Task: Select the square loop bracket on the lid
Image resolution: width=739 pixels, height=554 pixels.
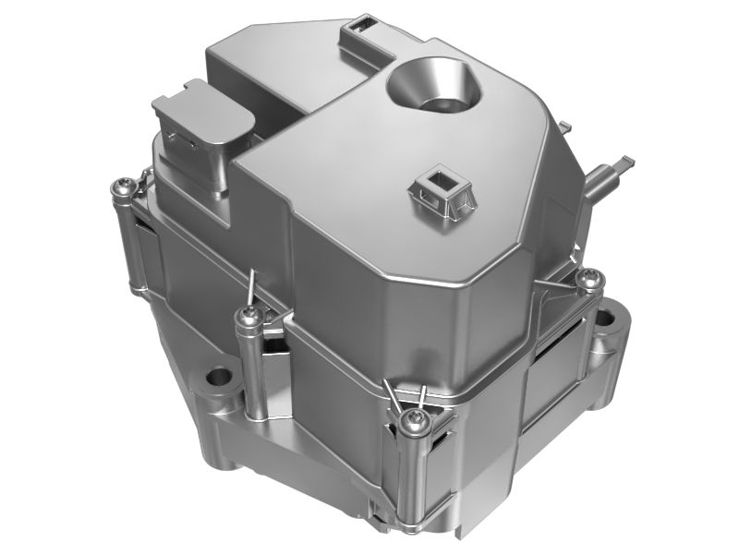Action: pos(442,188)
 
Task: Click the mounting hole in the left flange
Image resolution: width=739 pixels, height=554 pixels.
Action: pos(219,377)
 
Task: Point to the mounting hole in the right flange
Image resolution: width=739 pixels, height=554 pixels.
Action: pos(605,320)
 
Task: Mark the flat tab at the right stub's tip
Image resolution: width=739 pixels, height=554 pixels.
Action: pos(626,163)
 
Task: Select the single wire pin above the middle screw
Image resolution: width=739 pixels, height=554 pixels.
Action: pos(250,283)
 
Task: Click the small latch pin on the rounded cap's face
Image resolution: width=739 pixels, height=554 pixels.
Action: pos(179,139)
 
